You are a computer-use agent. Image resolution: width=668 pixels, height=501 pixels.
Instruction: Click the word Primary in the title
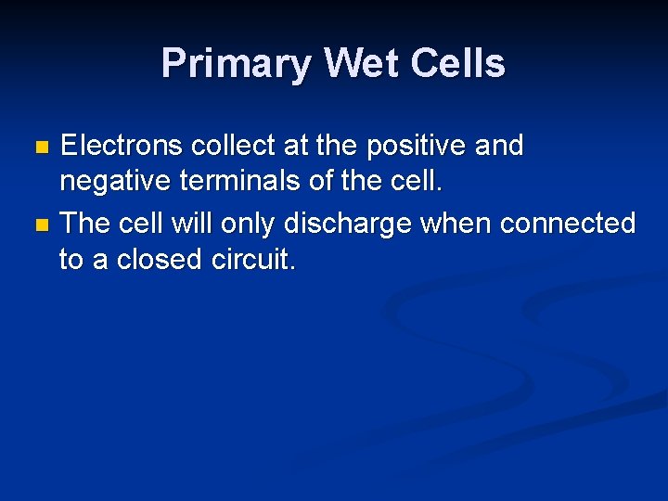point(237,64)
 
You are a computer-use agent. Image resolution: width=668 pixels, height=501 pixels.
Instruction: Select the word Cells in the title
point(461,64)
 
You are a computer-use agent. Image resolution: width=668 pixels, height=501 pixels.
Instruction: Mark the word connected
point(568,223)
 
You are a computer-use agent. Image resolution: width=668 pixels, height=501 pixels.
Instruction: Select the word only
point(249,225)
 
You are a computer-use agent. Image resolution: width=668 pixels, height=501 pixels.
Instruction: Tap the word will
point(194,223)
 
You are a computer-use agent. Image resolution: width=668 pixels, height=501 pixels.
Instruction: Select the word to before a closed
point(71,261)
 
